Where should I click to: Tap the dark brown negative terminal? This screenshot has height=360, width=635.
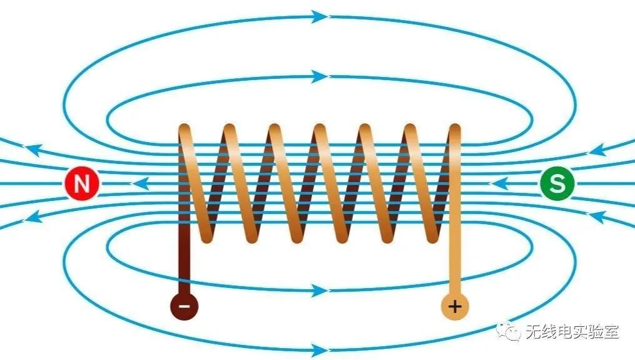pyautogui.click(x=185, y=306)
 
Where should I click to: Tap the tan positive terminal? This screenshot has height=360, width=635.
pyautogui.click(x=455, y=306)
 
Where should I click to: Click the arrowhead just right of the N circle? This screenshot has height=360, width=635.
pyautogui.click(x=140, y=184)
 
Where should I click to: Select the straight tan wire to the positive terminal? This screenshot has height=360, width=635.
pyautogui.click(x=455, y=263)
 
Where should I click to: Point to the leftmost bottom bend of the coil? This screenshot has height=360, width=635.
pyautogui.click(x=207, y=237)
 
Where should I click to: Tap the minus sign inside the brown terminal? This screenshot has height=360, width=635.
pyautogui.click(x=185, y=306)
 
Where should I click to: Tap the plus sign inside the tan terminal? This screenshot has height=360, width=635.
pyautogui.click(x=455, y=306)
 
